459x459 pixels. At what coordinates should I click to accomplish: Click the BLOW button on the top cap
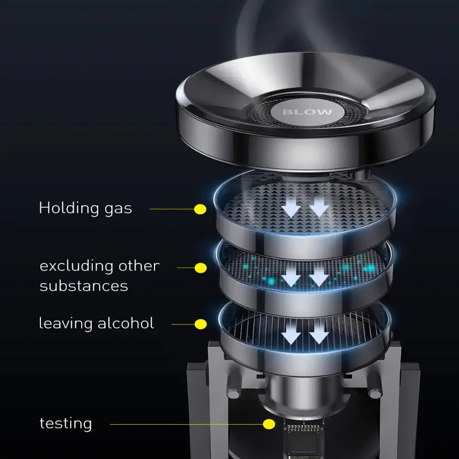pos(307,112)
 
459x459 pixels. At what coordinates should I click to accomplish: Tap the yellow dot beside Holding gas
pos(200,209)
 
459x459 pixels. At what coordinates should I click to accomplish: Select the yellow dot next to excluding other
pos(200,268)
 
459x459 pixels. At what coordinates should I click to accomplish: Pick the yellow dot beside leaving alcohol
pos(200,324)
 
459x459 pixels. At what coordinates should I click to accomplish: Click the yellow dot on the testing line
pos(269,424)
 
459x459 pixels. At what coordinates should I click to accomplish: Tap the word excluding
pos(77,267)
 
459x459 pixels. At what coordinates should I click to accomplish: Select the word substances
pos(84,286)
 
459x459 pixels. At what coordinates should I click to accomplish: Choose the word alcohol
pos(126,323)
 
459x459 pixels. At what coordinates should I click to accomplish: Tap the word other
pos(139,266)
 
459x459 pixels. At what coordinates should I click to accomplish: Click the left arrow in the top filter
pos(291,207)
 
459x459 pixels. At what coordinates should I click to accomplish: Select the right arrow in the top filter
pos(319,207)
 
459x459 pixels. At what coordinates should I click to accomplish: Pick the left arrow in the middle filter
pos(291,277)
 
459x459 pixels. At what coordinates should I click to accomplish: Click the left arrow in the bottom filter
pos(291,333)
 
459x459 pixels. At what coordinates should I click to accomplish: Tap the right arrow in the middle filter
pos(319,277)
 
